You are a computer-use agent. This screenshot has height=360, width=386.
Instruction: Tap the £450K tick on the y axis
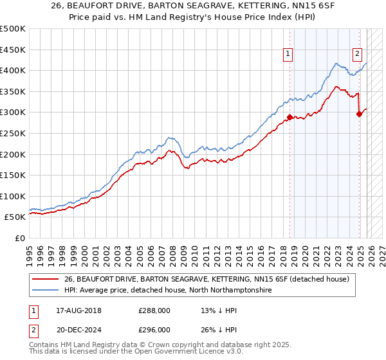click(x=13, y=50)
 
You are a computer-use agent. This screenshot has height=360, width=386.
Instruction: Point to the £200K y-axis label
click(x=13, y=154)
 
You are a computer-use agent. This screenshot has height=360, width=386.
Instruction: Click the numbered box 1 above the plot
click(x=288, y=54)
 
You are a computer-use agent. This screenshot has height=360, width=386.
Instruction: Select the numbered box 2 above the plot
click(x=357, y=54)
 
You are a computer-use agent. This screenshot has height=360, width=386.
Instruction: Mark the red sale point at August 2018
click(x=289, y=117)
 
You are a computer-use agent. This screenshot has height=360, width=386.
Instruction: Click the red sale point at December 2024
click(x=360, y=114)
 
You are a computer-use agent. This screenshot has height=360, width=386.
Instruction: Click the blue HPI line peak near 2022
click(x=336, y=63)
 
